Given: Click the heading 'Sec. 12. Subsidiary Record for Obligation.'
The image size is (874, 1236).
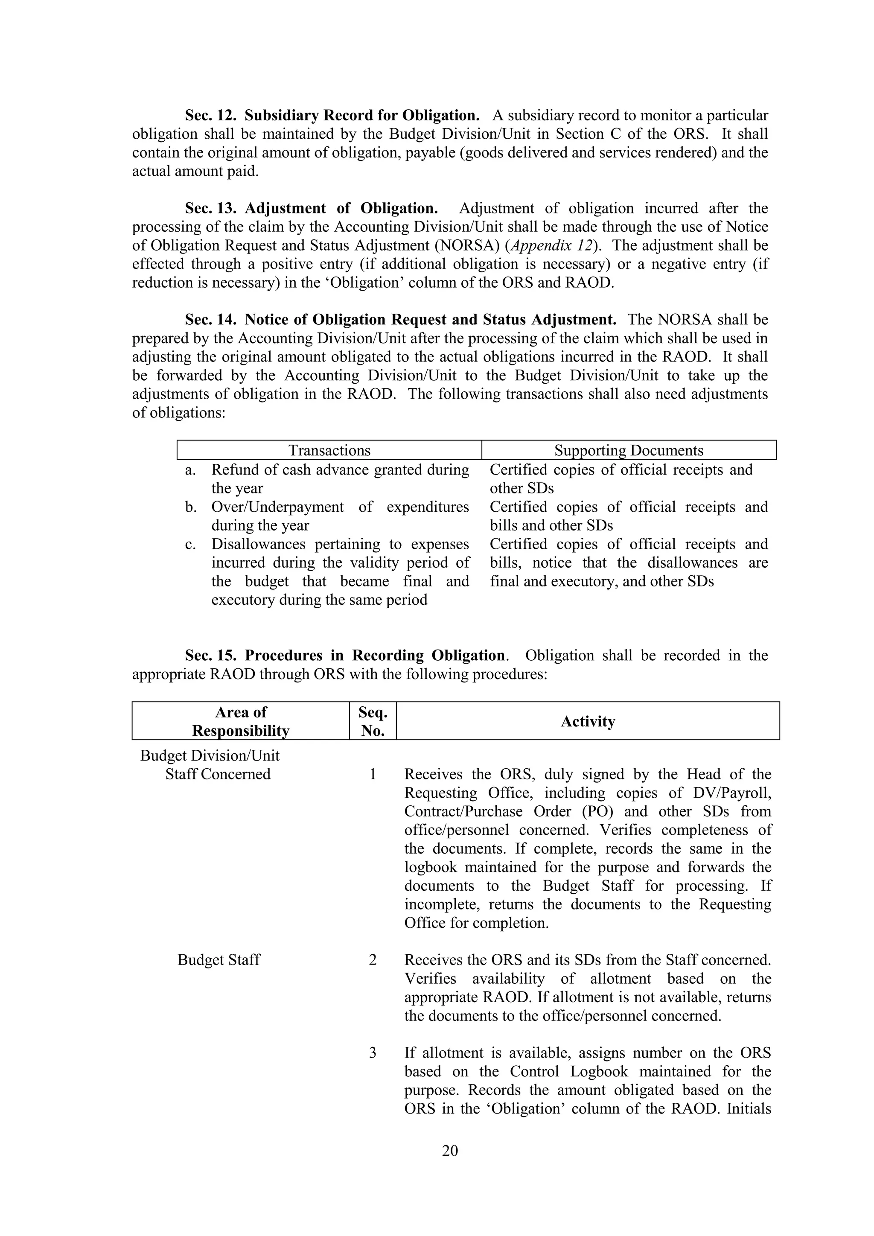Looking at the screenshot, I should click(332, 115).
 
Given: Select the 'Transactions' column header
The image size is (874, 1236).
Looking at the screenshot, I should click(329, 450).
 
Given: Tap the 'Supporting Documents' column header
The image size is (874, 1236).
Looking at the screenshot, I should click(629, 450).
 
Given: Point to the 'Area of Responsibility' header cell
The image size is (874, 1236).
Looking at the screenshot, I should click(241, 721).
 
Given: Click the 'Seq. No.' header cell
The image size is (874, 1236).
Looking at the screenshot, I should click(373, 721).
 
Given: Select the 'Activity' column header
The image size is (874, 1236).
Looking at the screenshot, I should click(588, 721).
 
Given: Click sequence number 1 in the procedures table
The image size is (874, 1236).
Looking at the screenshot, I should click(373, 774).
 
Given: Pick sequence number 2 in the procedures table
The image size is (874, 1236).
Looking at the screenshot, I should click(373, 960).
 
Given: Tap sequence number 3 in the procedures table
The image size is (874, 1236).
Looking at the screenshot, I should click(373, 1053).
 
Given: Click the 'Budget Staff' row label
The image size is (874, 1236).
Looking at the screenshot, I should click(218, 960).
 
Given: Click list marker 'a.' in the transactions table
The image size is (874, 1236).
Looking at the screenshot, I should click(190, 470).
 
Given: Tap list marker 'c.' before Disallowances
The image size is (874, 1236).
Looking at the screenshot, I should click(190, 544).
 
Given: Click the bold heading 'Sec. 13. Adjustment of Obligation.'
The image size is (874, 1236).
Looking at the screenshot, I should click(311, 208).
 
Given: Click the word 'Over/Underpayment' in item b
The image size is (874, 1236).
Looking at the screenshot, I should click(277, 507).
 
